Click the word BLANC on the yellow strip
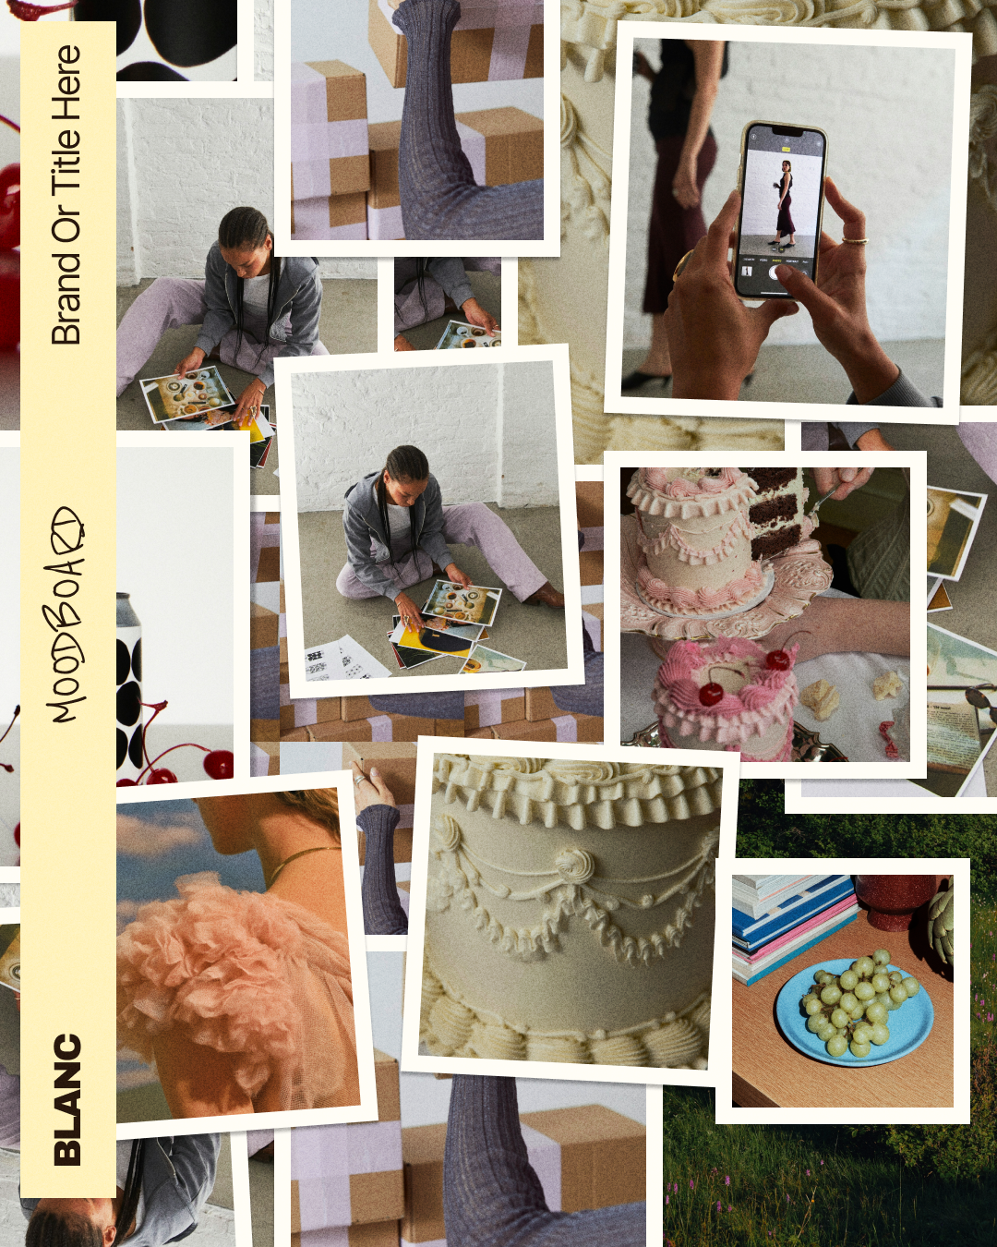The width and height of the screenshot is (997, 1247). (x=67, y=1099)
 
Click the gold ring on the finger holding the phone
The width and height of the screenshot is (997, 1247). (x=855, y=240)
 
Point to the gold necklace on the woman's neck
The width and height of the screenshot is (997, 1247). (x=301, y=861)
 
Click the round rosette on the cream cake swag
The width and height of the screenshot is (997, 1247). (x=575, y=866)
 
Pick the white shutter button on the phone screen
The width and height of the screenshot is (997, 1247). (x=777, y=272)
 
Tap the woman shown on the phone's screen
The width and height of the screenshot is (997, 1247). (x=783, y=203)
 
